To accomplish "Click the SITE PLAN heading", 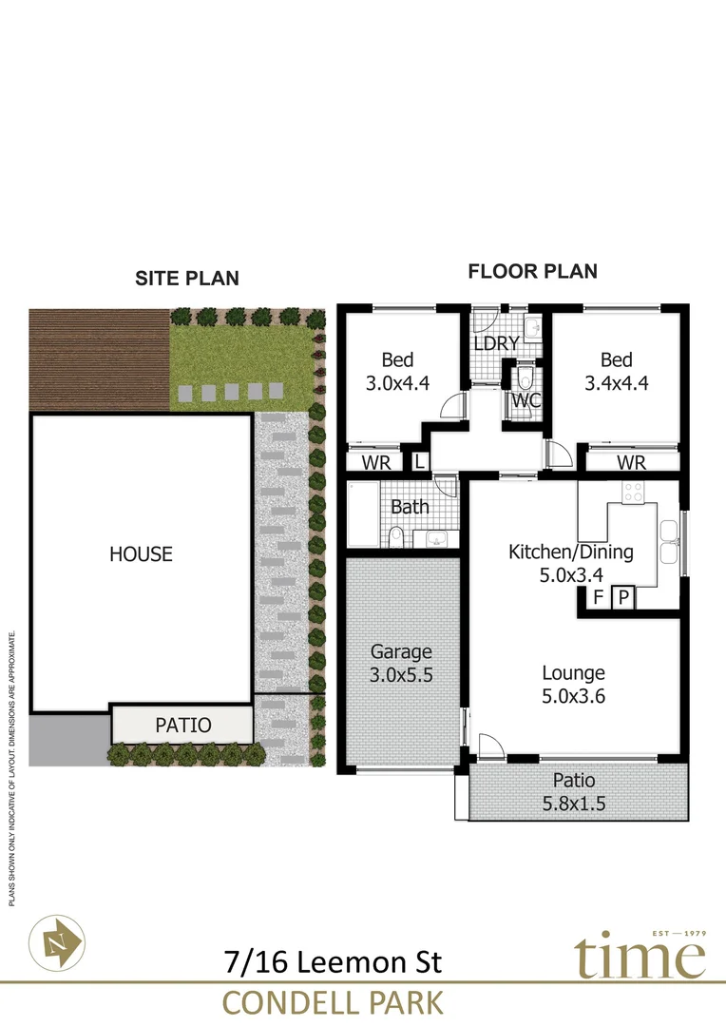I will (186, 279).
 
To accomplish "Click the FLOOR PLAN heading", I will (532, 272).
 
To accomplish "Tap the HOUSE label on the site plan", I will (141, 553).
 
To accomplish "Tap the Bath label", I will (410, 507).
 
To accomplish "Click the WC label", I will (526, 400).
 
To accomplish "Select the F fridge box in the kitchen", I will (598, 598).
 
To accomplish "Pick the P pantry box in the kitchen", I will (624, 598).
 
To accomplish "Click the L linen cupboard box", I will (419, 461).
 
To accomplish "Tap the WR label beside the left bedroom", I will (374, 462).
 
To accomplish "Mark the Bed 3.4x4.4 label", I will (616, 372).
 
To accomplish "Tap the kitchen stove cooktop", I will (633, 493).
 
